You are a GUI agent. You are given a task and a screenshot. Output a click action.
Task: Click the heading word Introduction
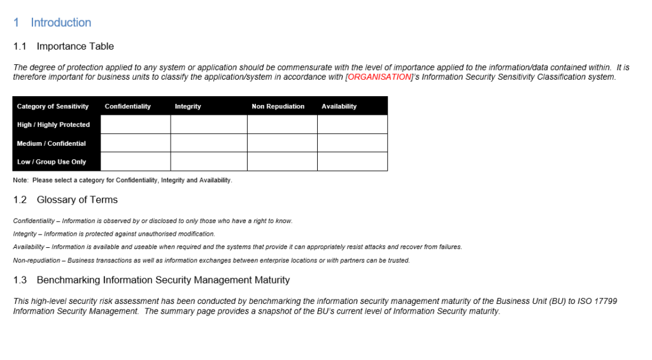tap(60, 22)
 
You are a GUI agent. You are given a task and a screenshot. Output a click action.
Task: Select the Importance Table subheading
tap(75, 47)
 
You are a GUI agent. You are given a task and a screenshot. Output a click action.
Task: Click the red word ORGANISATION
tap(379, 77)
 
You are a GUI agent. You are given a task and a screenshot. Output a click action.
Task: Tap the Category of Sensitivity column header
tap(53, 106)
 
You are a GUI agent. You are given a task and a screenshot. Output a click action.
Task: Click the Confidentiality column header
tap(127, 106)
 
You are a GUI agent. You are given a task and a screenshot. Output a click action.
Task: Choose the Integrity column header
tap(188, 106)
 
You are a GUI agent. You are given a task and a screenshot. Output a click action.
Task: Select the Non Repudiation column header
tap(278, 106)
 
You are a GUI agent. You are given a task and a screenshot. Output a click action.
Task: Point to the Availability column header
tap(339, 106)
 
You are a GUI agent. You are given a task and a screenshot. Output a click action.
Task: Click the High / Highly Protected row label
tap(53, 125)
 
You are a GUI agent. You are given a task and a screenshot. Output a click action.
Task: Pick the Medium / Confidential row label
tap(51, 143)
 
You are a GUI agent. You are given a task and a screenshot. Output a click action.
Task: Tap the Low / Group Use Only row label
tap(52, 162)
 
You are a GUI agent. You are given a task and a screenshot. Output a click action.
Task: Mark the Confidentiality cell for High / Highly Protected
tap(136, 125)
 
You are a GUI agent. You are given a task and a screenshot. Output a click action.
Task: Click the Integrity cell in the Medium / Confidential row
tap(209, 143)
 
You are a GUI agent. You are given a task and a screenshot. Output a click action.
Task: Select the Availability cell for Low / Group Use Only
tap(352, 162)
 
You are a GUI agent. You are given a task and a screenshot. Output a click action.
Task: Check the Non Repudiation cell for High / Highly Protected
tap(282, 125)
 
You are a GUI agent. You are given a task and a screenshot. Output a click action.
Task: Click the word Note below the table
tap(20, 180)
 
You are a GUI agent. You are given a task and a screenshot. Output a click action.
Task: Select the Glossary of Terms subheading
tap(77, 200)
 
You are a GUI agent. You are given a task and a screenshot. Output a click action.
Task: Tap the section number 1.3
tap(20, 280)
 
